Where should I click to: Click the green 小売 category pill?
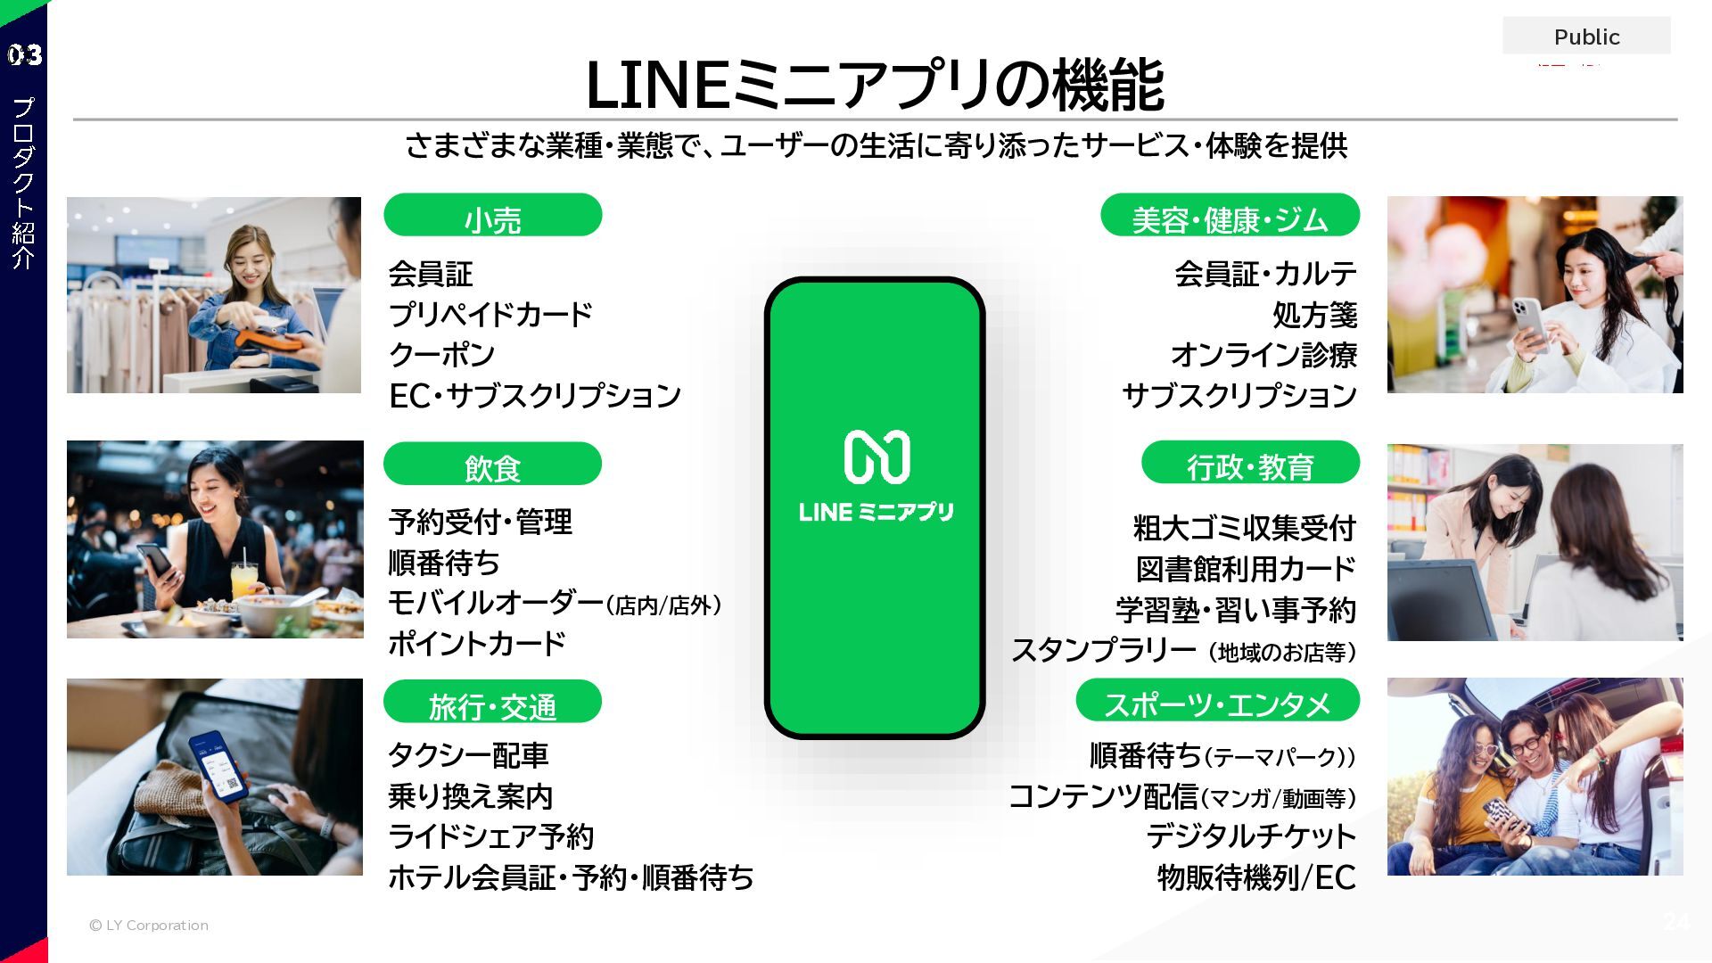click(x=492, y=216)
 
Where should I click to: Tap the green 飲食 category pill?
click(x=492, y=465)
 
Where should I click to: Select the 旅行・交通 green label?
click(x=492, y=703)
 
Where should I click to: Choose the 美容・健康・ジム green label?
click(x=1230, y=216)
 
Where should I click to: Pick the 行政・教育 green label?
click(x=1250, y=464)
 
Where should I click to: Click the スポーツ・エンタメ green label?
click(x=1217, y=702)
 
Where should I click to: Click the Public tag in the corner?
click(x=1586, y=37)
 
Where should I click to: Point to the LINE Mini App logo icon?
click(x=877, y=457)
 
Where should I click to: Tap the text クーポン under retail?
click(x=441, y=355)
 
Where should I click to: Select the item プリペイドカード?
click(x=490, y=314)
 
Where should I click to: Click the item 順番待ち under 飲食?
click(x=444, y=563)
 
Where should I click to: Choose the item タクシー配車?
click(x=468, y=755)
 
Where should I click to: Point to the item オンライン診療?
click(x=1263, y=355)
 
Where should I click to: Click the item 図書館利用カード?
click(x=1246, y=569)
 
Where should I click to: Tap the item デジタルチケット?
click(x=1250, y=836)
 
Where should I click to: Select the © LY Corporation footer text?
click(x=149, y=926)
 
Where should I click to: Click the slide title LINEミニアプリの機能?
click(x=875, y=85)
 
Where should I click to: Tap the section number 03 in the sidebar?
click(x=24, y=55)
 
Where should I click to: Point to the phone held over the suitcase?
click(x=219, y=768)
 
